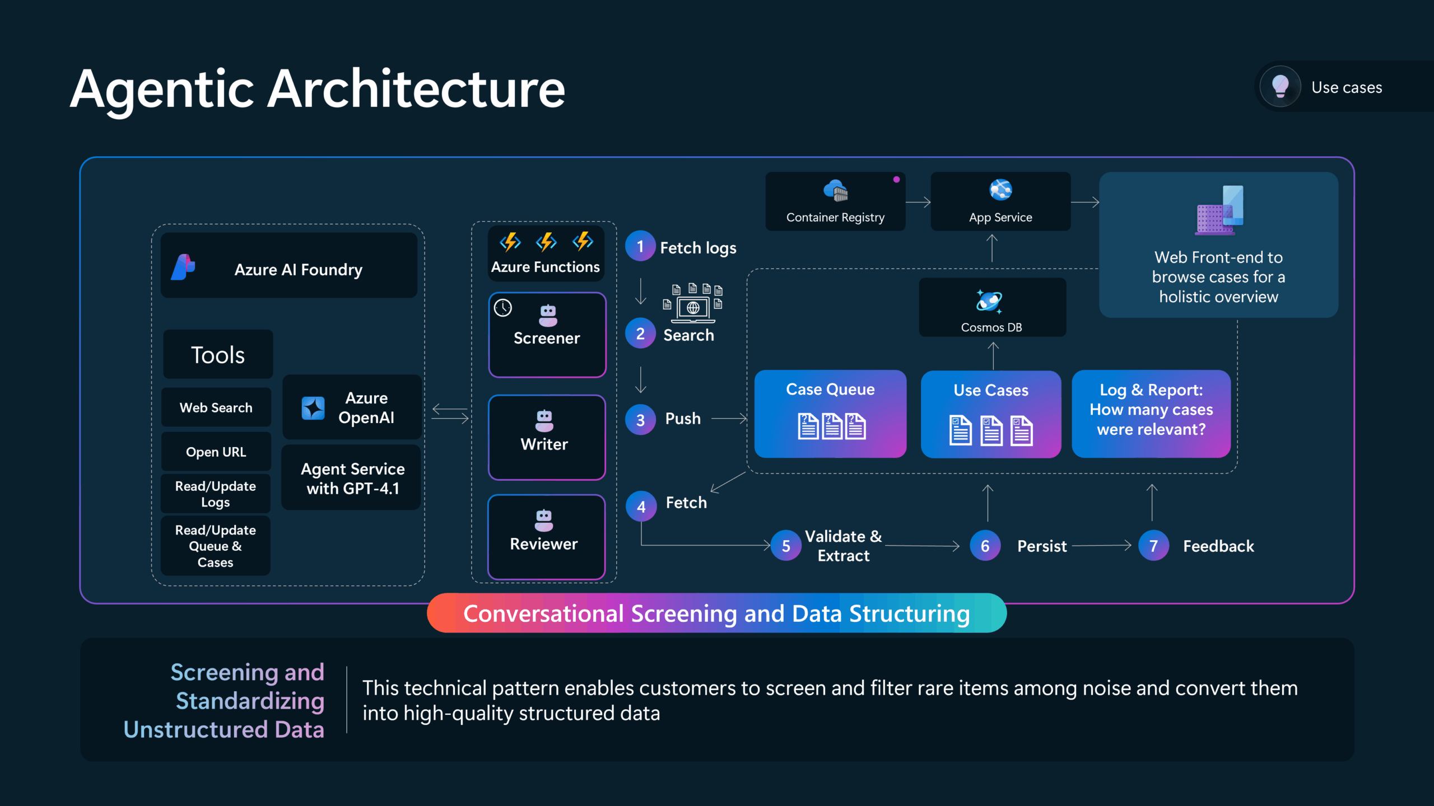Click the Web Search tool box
pyautogui.click(x=216, y=407)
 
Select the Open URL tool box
pyautogui.click(x=216, y=452)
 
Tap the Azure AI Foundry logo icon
pyautogui.click(x=183, y=267)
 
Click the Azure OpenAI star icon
pyautogui.click(x=313, y=408)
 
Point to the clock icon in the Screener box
pyautogui.click(x=503, y=308)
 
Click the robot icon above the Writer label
pyautogui.click(x=544, y=421)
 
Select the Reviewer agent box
pyautogui.click(x=547, y=537)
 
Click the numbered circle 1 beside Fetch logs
pyautogui.click(x=640, y=246)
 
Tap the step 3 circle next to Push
pyautogui.click(x=640, y=420)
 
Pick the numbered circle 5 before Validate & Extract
pyautogui.click(x=786, y=546)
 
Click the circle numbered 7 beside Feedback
pyautogui.click(x=1153, y=546)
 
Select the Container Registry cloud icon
pyautogui.click(x=836, y=190)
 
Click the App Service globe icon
pyautogui.click(x=1000, y=190)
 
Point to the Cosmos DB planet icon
pyautogui.click(x=989, y=301)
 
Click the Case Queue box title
pyautogui.click(x=830, y=389)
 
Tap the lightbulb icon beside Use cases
pyautogui.click(x=1280, y=87)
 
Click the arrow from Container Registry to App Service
pyautogui.click(x=918, y=202)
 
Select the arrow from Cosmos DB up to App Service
pyautogui.click(x=992, y=248)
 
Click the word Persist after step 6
pyautogui.click(x=1042, y=546)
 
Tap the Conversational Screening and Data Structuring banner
pyautogui.click(x=716, y=613)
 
